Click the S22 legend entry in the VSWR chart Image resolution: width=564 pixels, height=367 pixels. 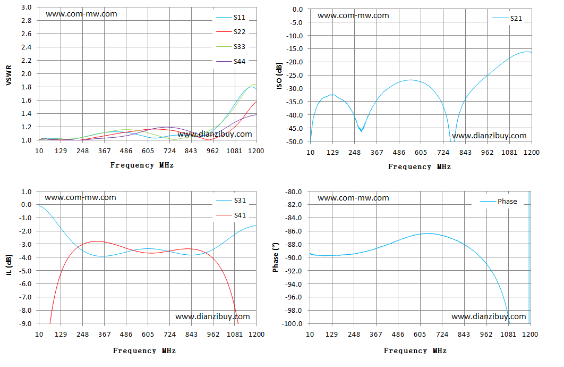pos(231,32)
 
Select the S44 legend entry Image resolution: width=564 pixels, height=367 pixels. pos(231,62)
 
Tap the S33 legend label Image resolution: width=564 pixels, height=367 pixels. pos(240,47)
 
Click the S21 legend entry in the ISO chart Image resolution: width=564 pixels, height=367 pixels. pos(507,19)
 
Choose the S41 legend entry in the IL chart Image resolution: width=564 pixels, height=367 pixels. pos(232,215)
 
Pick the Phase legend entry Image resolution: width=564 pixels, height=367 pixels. pos(499,202)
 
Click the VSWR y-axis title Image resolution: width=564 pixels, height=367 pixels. pos(9,76)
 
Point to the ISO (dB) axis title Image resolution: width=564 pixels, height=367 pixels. pos(279,76)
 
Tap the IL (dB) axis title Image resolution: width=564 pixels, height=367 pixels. pos(9,265)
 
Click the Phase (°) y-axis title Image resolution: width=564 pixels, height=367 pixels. pos(276,257)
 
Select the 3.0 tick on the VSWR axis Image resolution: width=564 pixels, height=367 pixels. pos(26,7)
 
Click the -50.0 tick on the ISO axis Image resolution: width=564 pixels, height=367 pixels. pos(295,142)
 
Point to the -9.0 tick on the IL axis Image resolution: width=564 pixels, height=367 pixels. pos(25,324)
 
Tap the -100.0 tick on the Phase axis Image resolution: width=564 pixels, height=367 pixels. pos(292,324)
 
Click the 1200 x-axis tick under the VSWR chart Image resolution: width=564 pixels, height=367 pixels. pos(256,151)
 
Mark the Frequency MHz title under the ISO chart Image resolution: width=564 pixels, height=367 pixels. pos(420,167)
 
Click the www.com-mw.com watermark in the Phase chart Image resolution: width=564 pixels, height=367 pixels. pos(353,198)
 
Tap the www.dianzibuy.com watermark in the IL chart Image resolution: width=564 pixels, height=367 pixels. pos(212,316)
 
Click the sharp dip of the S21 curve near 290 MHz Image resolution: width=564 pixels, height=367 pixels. pos(361,131)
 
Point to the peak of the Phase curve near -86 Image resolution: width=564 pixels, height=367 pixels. pos(428,233)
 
